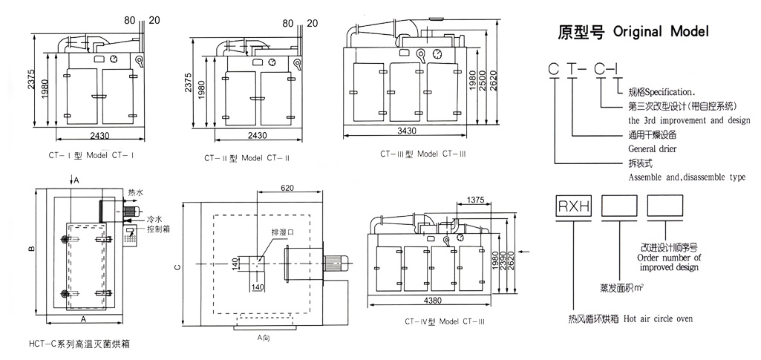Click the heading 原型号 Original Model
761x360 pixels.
pos(633,32)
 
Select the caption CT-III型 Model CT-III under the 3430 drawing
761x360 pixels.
pos(422,154)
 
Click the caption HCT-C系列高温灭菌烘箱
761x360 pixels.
pos(82,344)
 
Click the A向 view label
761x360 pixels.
pos(264,338)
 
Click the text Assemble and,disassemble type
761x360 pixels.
pos(686,178)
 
